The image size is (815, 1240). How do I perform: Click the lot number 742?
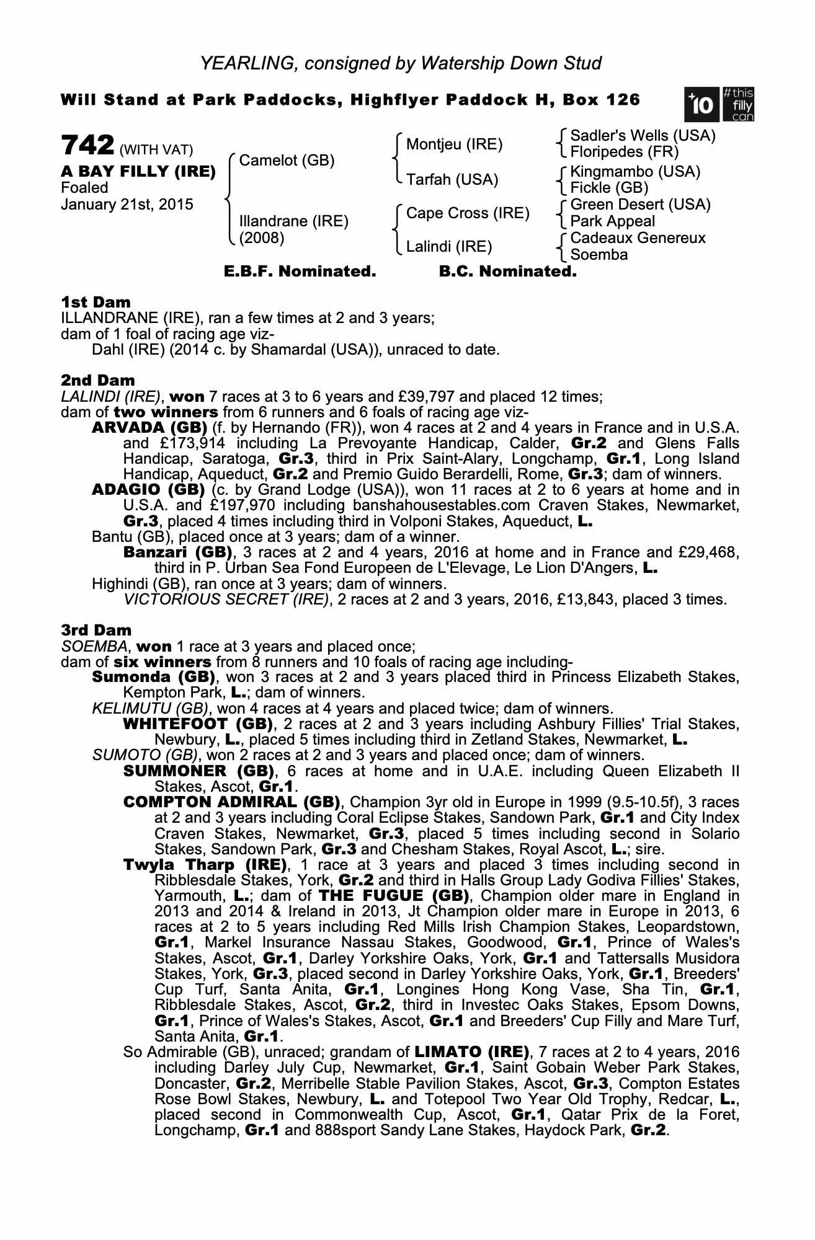point(87,146)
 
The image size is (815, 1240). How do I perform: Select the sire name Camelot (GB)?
point(287,161)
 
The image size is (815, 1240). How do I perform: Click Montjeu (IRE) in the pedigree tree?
point(454,144)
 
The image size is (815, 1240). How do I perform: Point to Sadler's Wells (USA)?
point(643,135)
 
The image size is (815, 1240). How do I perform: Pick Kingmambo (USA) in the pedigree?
point(635,171)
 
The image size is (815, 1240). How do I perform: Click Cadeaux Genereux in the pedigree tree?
point(638,238)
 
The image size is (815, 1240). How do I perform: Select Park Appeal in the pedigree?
point(612,221)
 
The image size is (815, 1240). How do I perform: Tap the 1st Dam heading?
point(96,302)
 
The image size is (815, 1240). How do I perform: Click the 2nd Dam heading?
point(97,380)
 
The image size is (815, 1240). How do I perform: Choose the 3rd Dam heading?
point(96,630)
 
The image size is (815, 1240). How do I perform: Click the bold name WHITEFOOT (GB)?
point(198,724)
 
